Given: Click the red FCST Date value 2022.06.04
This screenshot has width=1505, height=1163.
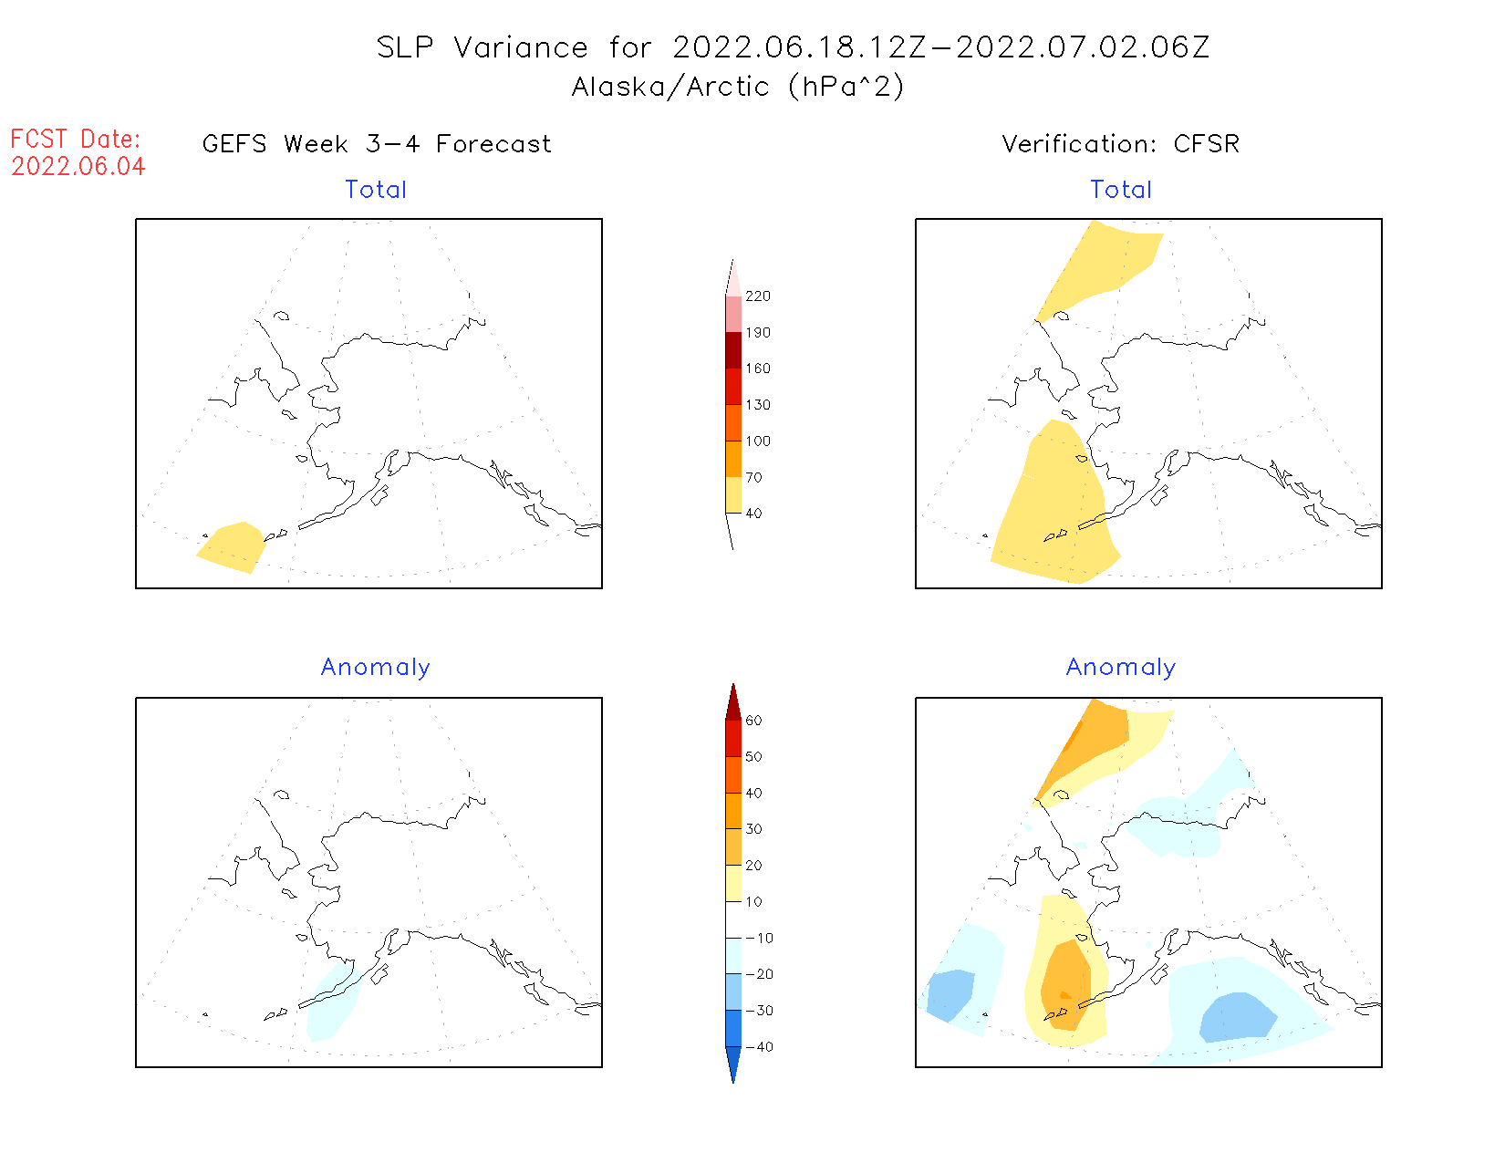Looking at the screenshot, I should tap(78, 167).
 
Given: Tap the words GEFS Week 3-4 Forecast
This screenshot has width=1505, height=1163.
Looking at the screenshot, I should tap(377, 144).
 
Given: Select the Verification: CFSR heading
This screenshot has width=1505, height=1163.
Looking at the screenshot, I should tap(1121, 144).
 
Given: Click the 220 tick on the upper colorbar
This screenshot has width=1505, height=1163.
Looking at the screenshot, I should tap(757, 296).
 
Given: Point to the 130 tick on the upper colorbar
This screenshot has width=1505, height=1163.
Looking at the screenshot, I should tap(757, 405).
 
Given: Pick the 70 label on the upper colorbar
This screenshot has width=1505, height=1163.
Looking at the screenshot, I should tap(753, 477).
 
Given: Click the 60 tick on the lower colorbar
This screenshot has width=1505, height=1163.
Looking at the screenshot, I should tap(753, 721).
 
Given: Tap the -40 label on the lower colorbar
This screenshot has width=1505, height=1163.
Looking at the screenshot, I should tap(759, 1047).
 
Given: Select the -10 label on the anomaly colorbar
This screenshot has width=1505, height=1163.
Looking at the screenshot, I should tap(759, 938).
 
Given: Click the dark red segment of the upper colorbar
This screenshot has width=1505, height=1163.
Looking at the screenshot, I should tap(733, 350).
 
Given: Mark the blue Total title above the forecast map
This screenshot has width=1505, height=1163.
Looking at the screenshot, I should tap(376, 190).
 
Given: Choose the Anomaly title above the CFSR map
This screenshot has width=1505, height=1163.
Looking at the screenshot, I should tap(1121, 668).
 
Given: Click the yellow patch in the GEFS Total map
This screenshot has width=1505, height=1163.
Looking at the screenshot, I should tap(232, 547).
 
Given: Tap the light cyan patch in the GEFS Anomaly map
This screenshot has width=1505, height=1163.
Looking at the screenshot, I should tap(332, 1003).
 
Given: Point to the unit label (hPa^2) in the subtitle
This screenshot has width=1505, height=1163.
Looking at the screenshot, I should tap(846, 87).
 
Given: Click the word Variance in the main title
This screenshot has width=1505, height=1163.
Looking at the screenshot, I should tap(521, 47).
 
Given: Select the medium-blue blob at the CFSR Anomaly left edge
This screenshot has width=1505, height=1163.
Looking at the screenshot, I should tap(949, 994).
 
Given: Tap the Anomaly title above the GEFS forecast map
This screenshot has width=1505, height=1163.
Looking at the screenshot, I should tap(376, 668).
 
